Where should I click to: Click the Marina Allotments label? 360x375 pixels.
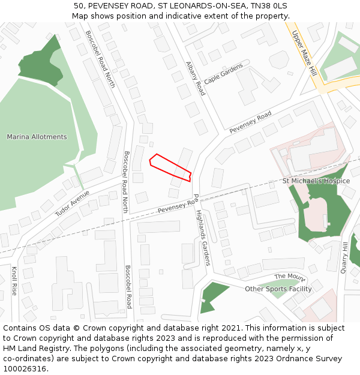click(37, 137)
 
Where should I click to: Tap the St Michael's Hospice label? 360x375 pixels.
click(316, 181)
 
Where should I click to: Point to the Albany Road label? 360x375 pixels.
click(195, 78)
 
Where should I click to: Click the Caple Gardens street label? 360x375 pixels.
click(223, 74)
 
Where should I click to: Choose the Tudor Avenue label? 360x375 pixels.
click(73, 203)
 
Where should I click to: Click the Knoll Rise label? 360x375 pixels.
click(14, 281)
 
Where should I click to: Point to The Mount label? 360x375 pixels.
click(290, 277)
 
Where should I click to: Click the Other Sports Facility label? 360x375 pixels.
click(278, 289)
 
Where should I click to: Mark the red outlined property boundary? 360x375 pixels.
click(170, 167)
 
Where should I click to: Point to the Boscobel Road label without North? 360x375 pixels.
click(128, 287)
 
